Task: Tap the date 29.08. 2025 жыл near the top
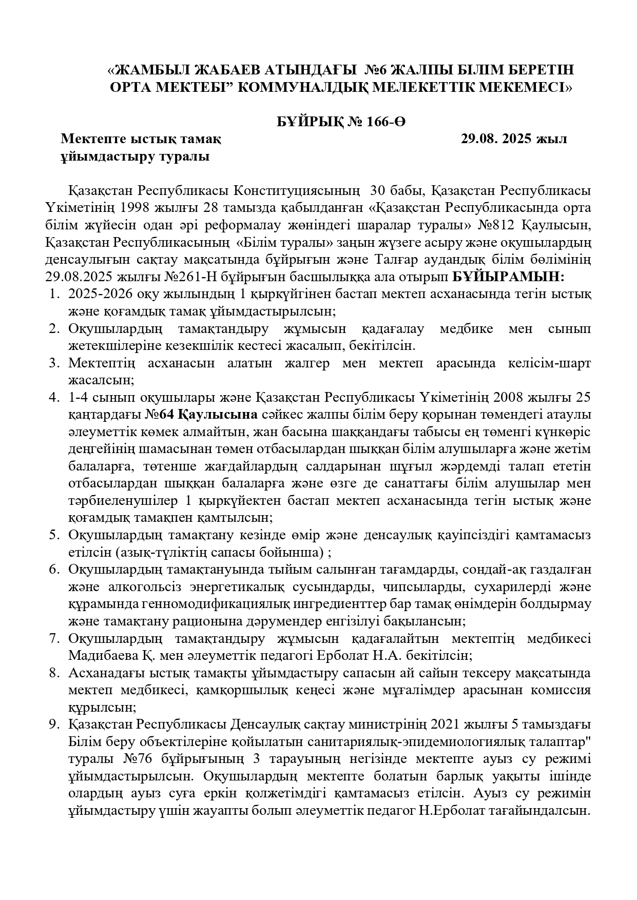point(513,139)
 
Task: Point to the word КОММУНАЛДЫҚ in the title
point(302,87)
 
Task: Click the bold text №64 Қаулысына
point(201,415)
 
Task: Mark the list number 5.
point(54,535)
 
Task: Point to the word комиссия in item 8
point(563,690)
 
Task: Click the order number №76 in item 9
point(135,759)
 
